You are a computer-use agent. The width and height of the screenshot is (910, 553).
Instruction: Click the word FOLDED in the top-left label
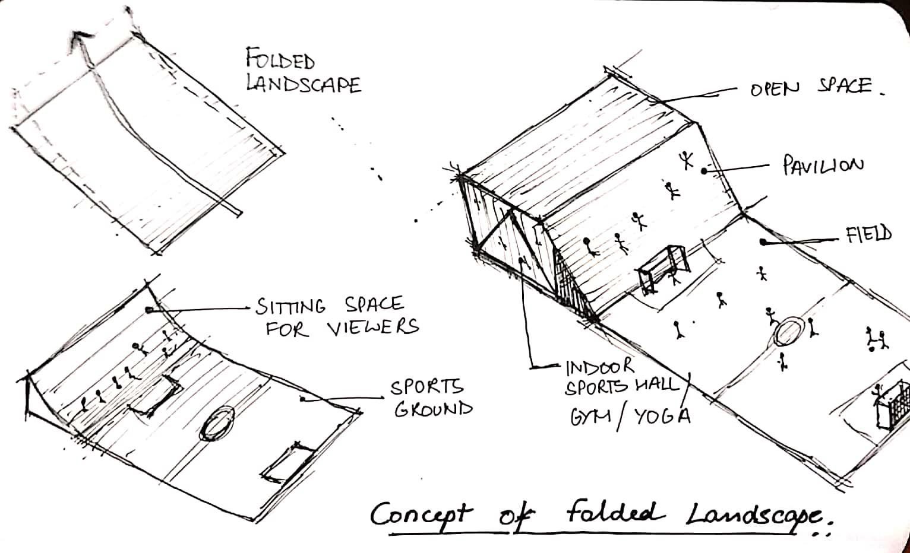pyautogui.click(x=281, y=60)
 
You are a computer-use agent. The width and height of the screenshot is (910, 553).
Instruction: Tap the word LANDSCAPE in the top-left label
pyautogui.click(x=304, y=84)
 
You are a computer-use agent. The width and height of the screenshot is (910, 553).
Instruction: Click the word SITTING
pyautogui.click(x=290, y=307)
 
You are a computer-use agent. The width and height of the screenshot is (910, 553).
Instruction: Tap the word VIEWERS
pyautogui.click(x=373, y=326)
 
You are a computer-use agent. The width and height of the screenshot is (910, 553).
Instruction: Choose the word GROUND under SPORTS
pyautogui.click(x=434, y=408)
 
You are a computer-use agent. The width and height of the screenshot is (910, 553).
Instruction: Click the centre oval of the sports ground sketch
pyautogui.click(x=216, y=423)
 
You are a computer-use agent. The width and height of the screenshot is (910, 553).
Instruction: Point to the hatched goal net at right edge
pyautogui.click(x=892, y=405)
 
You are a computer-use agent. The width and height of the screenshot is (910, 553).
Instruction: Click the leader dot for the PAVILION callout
pyautogui.click(x=704, y=171)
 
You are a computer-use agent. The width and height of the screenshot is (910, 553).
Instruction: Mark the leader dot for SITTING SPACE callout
pyautogui.click(x=149, y=309)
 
